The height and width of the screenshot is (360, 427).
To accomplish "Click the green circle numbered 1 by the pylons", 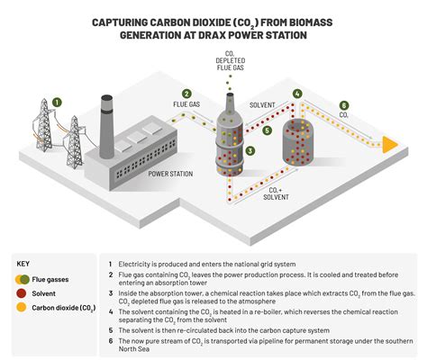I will (x=58, y=102).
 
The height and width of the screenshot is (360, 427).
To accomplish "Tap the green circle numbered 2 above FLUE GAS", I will (x=186, y=94).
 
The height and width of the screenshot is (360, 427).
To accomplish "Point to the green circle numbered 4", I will (x=297, y=94).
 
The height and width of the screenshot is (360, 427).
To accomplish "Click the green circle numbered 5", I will (x=267, y=129).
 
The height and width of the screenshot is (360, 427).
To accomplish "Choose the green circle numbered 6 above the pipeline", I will (x=343, y=104).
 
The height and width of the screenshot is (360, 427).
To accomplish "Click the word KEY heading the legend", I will (x=24, y=264).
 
